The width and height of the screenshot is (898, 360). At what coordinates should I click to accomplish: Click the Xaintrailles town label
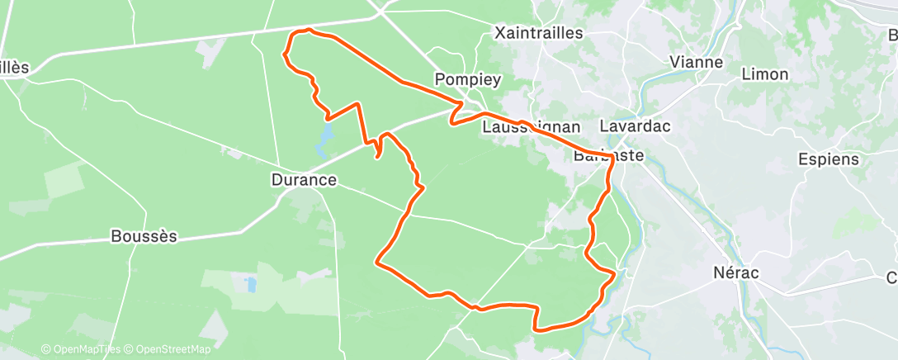point(538,34)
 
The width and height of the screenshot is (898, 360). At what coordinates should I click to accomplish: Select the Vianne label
point(696,62)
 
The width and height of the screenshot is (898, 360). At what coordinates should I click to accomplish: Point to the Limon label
point(765,74)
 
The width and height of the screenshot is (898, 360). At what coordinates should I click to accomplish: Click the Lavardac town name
point(635,127)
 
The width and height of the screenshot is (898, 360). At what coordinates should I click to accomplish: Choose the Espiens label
point(829,159)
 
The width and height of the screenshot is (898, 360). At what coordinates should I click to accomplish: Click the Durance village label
point(304,179)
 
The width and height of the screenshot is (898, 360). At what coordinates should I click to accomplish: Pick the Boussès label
point(144,236)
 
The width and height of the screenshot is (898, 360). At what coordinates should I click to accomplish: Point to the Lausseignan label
point(532,128)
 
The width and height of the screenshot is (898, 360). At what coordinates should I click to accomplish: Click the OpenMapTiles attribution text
point(80,349)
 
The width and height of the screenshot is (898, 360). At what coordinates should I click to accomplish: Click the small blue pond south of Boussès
point(250,285)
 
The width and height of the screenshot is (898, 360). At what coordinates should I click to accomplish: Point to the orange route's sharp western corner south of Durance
point(377,263)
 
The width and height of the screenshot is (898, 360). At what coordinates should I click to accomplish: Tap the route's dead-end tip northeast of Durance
point(377,157)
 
